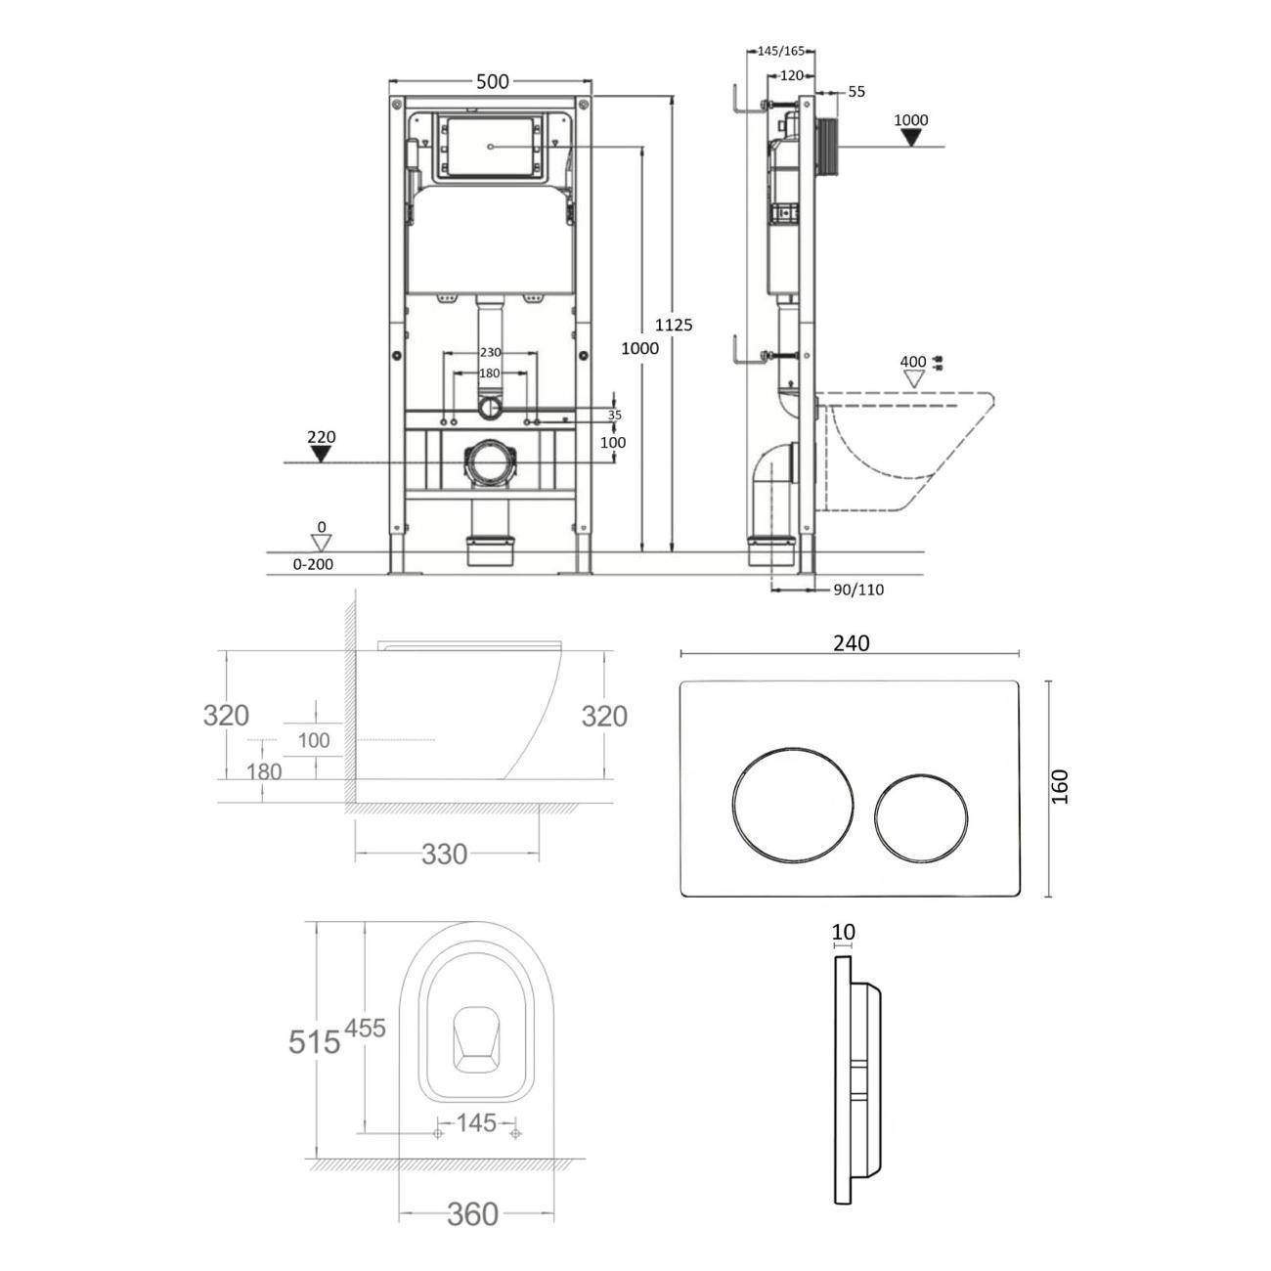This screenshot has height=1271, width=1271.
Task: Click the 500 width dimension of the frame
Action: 492,81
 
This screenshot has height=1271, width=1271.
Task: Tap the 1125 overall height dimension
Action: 674,325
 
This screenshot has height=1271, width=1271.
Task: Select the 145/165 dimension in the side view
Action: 781,51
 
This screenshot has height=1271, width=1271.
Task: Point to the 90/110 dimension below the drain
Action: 858,590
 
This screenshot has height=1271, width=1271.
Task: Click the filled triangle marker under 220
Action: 322,454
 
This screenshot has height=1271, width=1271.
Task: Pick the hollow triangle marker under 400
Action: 914,379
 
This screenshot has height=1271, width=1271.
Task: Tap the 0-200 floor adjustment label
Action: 313,564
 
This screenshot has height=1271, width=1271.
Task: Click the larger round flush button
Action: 793,804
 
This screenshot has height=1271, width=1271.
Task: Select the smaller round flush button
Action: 921,819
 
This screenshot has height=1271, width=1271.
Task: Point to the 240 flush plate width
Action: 851,642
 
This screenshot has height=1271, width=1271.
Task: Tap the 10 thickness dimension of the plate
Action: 844,932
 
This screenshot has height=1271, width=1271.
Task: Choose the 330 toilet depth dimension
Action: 445,855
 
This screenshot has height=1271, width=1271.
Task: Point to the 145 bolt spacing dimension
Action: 475,1122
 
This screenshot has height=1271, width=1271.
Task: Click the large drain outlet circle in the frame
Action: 488,463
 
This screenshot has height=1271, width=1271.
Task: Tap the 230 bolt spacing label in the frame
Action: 490,353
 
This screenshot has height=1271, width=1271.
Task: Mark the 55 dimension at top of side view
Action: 856,92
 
